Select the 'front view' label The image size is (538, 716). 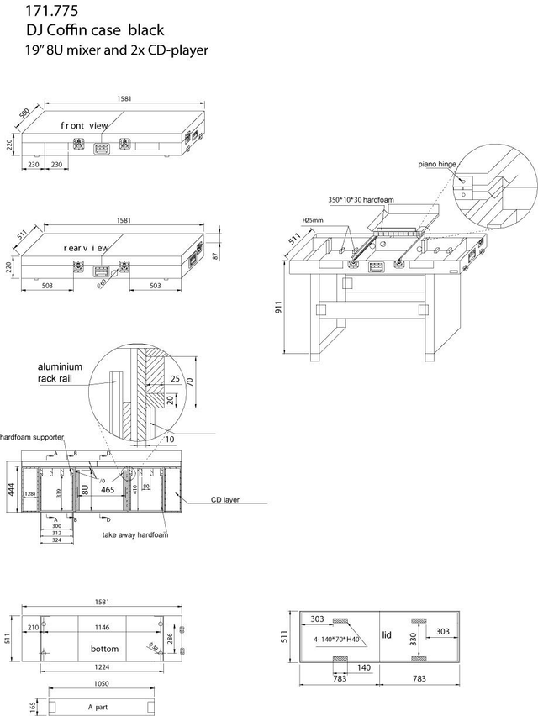tap(84, 125)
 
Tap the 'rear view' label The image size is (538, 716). tap(87, 249)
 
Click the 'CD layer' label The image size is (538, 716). tap(225, 499)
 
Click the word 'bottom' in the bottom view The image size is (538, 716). tap(105, 650)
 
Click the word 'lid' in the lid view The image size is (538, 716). tap(388, 634)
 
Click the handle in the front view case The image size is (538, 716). tap(101, 150)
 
